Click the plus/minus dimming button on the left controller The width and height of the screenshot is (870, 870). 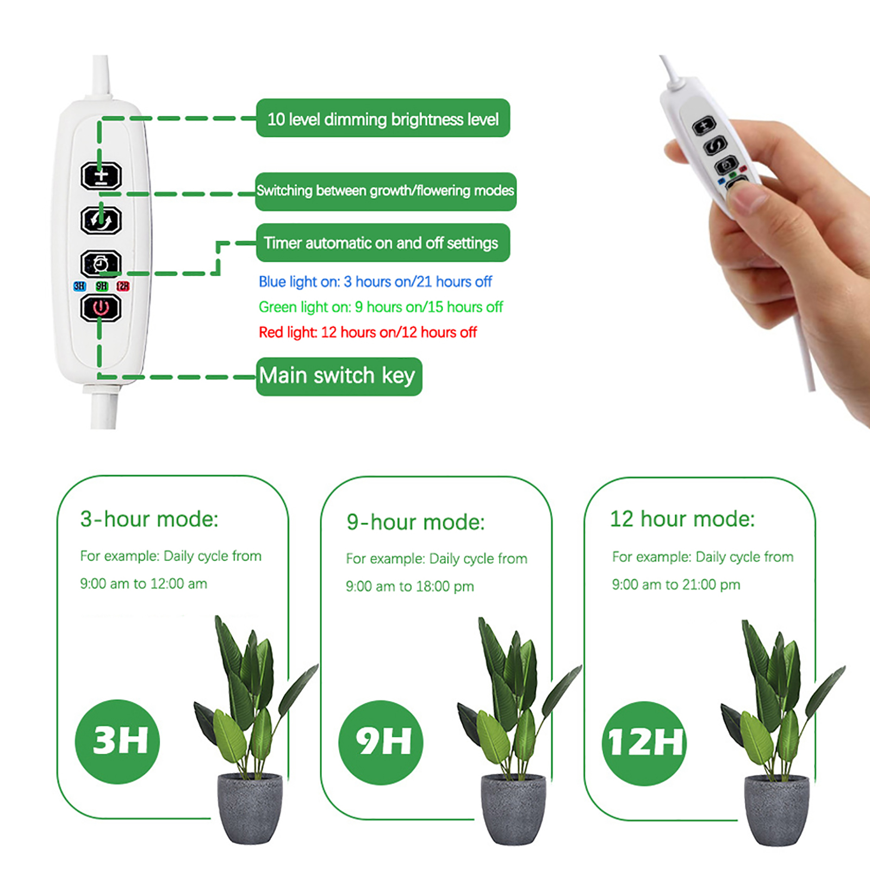(101, 176)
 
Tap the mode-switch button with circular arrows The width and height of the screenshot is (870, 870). (101, 220)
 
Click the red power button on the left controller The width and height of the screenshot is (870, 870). (101, 308)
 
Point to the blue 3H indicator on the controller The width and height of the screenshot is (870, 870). (79, 286)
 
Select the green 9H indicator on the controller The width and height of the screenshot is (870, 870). (102, 286)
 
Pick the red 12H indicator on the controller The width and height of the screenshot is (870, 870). (123, 286)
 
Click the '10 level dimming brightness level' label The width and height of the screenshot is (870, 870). (383, 118)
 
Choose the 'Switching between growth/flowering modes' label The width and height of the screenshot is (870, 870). (386, 191)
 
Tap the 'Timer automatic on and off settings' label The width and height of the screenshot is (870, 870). (383, 243)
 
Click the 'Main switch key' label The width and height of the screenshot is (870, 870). (339, 376)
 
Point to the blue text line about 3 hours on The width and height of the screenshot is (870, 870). (375, 282)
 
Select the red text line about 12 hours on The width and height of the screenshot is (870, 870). (368, 332)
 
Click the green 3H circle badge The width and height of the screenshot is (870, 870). (117, 741)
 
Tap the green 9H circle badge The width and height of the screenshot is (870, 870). (381, 742)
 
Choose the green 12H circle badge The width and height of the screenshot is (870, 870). (644, 743)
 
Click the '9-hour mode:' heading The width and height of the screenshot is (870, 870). (415, 522)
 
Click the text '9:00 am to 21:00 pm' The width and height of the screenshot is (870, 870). (676, 585)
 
